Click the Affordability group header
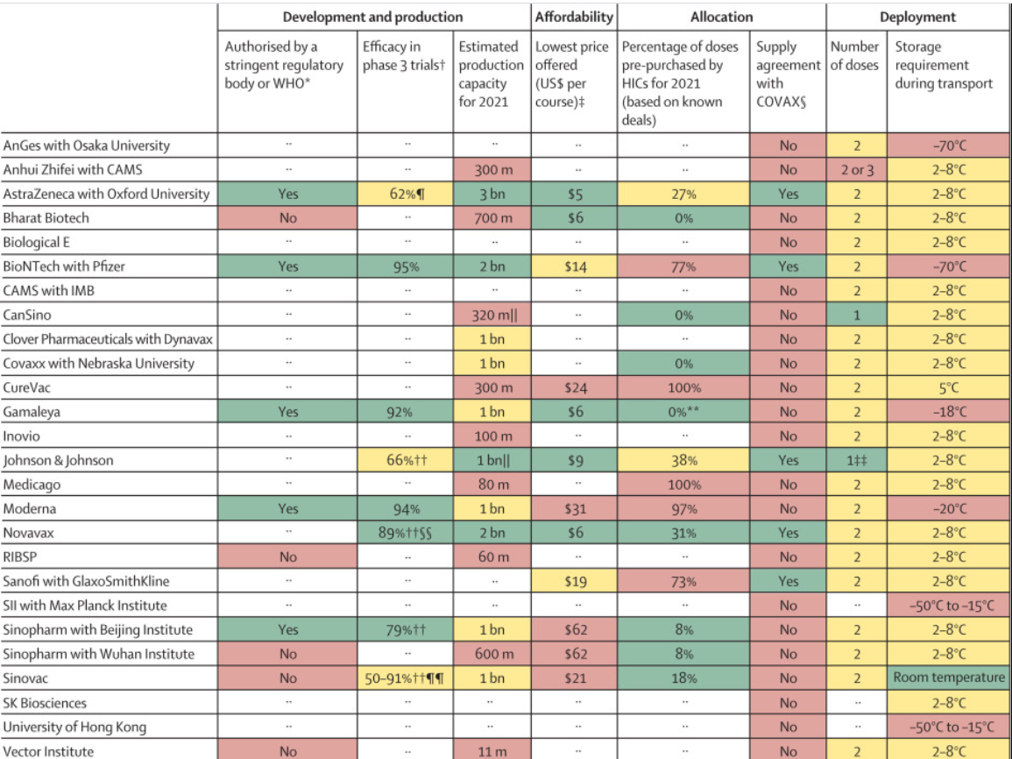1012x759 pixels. click(574, 17)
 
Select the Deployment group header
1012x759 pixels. click(918, 17)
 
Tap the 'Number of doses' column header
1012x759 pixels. click(856, 56)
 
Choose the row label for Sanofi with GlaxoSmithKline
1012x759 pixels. click(86, 581)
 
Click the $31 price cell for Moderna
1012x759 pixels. click(574, 508)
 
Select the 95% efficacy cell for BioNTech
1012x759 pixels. click(405, 266)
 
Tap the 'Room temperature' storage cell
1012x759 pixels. click(949, 677)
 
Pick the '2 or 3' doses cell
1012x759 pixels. click(856, 170)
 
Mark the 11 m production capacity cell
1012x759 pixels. click(492, 750)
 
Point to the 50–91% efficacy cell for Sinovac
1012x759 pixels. click(405, 677)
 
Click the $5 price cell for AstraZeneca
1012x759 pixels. click(574, 194)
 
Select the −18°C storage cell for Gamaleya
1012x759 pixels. click(949, 412)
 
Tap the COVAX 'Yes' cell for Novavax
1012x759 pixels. click(789, 533)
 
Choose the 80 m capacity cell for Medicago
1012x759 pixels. click(492, 485)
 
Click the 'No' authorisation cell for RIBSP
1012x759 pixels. click(287, 557)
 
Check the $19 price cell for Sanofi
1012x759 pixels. click(574, 581)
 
